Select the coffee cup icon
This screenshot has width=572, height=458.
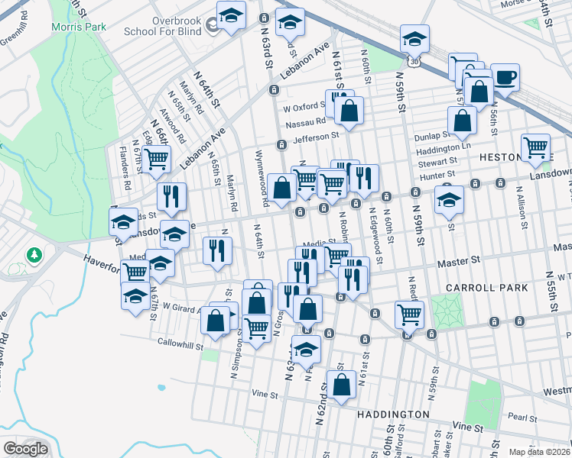[x=505, y=77]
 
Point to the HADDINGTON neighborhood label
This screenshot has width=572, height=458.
[x=392, y=414]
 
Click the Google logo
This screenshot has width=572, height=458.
[x=25, y=449]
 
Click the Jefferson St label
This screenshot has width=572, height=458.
[x=315, y=137]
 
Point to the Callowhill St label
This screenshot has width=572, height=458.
[x=179, y=343]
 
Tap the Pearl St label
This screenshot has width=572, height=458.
[x=523, y=418]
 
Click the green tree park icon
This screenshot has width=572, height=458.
[x=33, y=254]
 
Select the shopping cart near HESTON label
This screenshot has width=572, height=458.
[x=535, y=147]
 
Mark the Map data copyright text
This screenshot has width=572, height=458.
[x=540, y=452]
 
